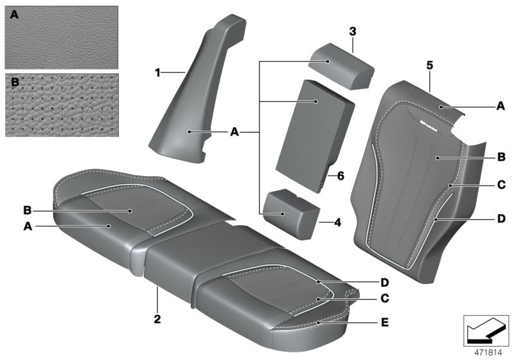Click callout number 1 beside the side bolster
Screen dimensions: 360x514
click(157, 73)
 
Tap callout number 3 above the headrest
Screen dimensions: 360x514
click(353, 31)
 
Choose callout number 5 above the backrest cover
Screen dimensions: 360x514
click(430, 65)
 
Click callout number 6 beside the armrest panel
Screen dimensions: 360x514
click(340, 175)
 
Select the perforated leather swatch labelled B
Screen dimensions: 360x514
click(61, 104)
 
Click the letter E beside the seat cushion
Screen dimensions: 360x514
click(385, 322)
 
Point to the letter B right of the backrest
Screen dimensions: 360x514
click(501, 156)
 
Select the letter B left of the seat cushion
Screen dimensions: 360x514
click(27, 210)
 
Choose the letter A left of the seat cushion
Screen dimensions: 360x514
click(27, 226)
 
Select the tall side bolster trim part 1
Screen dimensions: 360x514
click(193, 103)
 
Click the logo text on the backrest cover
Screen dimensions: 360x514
click(425, 126)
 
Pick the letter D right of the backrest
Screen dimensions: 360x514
click(501, 219)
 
